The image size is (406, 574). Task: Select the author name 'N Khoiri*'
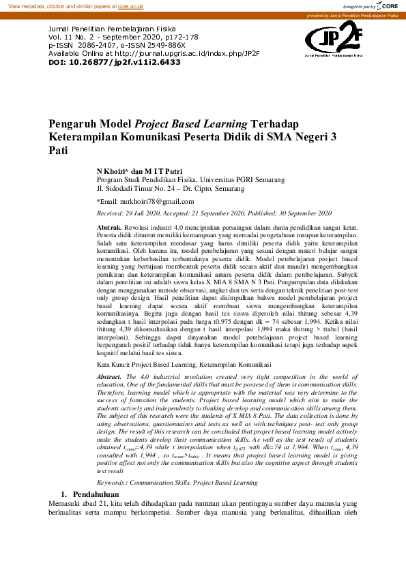[x=113, y=170]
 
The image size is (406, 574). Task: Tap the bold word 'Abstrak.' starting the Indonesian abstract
[x=110, y=226]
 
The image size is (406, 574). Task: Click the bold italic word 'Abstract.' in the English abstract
[x=110, y=376]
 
